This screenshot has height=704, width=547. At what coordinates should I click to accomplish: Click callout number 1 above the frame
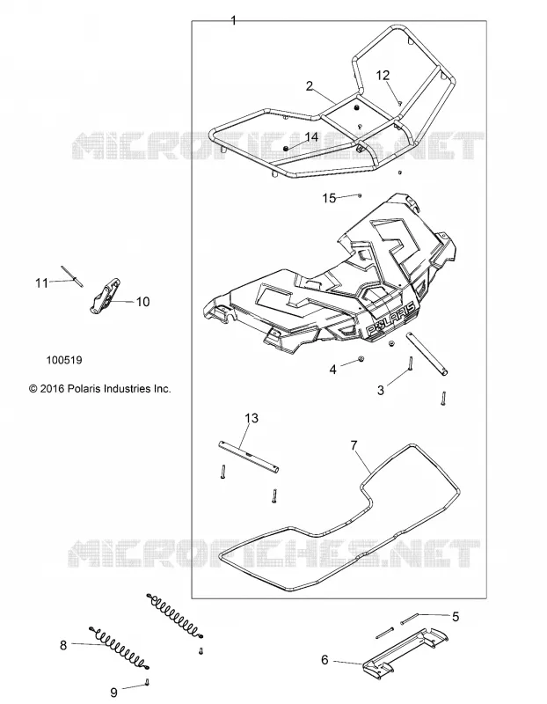coord(233,20)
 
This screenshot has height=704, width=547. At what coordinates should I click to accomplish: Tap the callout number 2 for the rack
coord(310,85)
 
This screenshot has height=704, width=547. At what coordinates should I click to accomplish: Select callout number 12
coord(383,76)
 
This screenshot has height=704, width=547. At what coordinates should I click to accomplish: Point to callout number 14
coord(311,137)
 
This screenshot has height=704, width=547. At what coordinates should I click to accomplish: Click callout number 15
coord(329,198)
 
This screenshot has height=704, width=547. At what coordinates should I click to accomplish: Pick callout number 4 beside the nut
coord(333,370)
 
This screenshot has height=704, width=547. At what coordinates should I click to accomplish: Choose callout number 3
coord(381,390)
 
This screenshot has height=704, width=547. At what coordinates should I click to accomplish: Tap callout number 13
coord(252,418)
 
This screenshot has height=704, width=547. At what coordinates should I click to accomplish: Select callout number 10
coord(142,302)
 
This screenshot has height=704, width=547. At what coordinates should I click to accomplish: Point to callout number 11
coord(41,283)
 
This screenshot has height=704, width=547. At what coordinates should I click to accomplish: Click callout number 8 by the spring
coord(63,645)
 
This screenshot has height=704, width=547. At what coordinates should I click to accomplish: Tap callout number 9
coord(114,693)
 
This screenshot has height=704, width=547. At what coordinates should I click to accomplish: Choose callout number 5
coord(456,617)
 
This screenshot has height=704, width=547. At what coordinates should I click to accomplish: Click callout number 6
coord(325,659)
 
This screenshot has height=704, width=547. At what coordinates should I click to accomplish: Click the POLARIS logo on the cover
coord(390,319)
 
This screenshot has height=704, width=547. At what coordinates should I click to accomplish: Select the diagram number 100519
coord(64,360)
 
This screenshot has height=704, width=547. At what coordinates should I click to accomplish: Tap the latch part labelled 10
coord(106,296)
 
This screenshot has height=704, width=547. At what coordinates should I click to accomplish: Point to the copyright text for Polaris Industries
coord(100,389)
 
